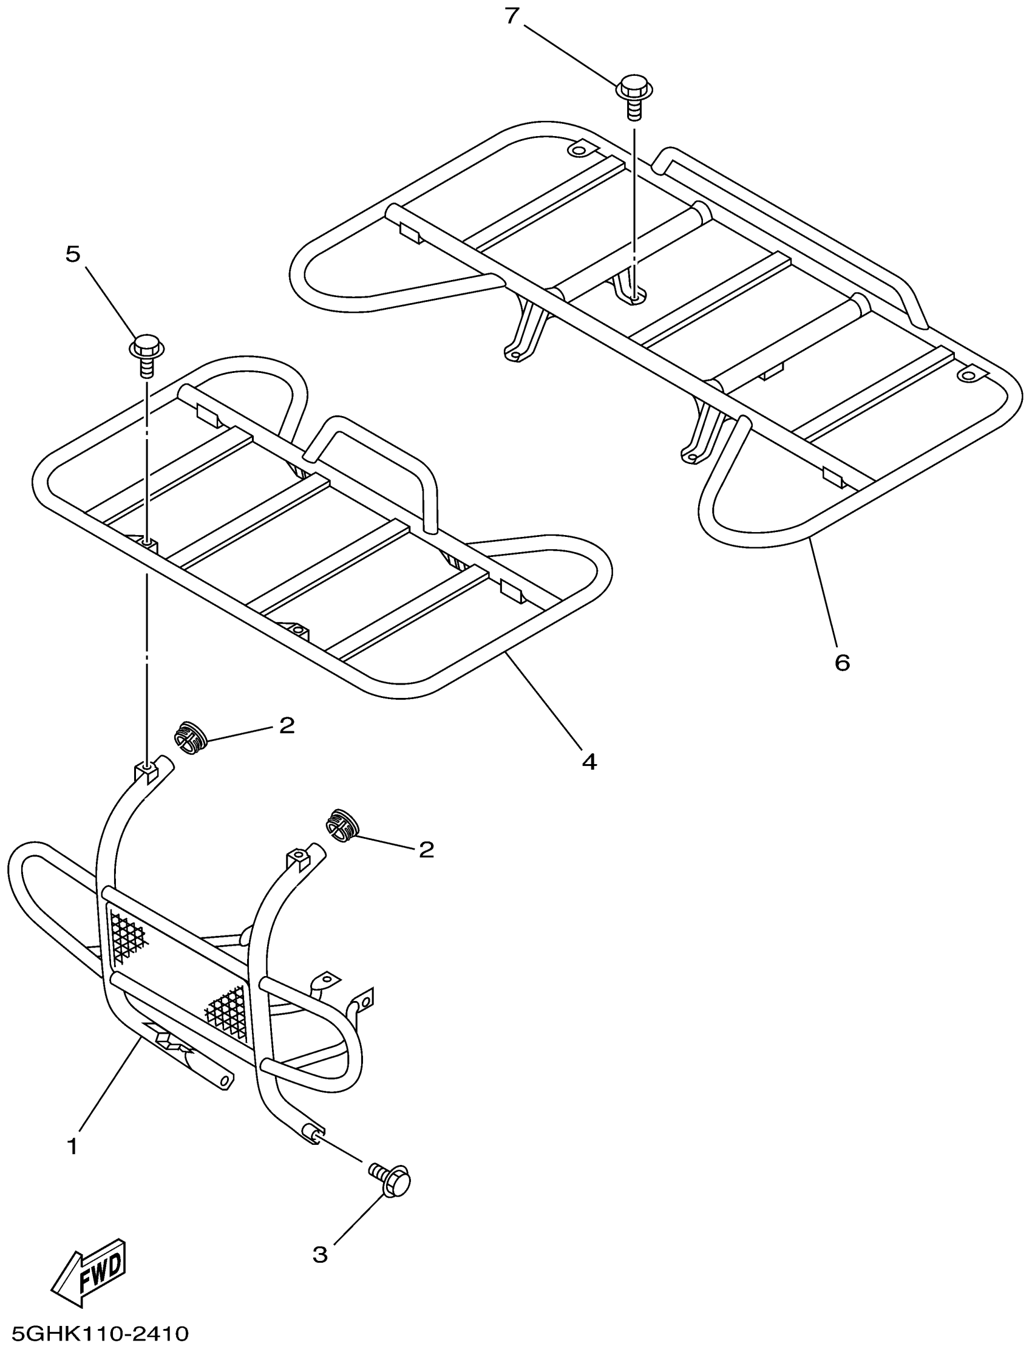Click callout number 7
tap(512, 16)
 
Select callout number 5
tap(73, 254)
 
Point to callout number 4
tap(589, 762)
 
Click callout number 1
tap(72, 1146)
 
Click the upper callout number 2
tap(287, 725)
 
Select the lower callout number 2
tap(426, 849)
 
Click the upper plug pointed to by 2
tap(190, 738)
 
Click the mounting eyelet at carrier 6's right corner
tap(970, 374)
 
